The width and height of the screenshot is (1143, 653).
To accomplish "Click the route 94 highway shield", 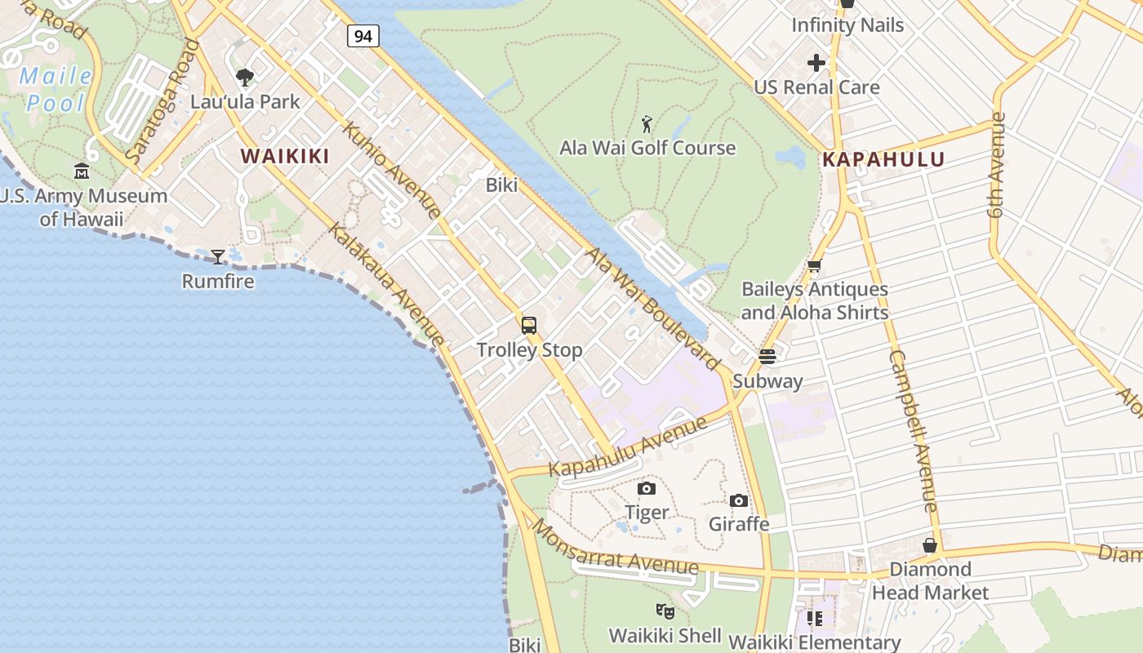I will [363, 35].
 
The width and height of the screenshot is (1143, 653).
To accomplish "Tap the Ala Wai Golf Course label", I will [647, 148].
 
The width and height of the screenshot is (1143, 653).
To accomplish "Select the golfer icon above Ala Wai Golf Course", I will [647, 124].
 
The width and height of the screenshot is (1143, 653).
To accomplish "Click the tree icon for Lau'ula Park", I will [244, 78].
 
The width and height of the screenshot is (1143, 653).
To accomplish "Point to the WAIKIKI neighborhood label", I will [285, 156].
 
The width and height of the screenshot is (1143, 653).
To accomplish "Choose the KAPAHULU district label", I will [883, 159].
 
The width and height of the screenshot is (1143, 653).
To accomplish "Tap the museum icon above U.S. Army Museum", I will [82, 171].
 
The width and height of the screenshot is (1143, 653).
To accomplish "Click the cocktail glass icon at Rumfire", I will [218, 257].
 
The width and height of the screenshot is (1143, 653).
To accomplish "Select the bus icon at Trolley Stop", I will [529, 326].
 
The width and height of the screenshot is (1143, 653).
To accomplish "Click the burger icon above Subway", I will [767, 357].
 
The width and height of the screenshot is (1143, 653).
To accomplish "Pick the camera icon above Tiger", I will [647, 488].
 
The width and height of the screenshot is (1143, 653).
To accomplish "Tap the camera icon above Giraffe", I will [739, 500].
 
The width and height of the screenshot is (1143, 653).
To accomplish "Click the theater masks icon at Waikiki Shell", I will [665, 611].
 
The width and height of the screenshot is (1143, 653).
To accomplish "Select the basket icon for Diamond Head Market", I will [930, 545].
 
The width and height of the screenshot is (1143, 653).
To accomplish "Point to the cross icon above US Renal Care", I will [816, 63].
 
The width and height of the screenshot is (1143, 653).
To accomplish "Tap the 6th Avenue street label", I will [996, 165].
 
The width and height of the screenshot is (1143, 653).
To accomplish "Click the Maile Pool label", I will [56, 90].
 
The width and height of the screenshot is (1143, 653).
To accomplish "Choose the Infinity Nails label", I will [847, 25].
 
